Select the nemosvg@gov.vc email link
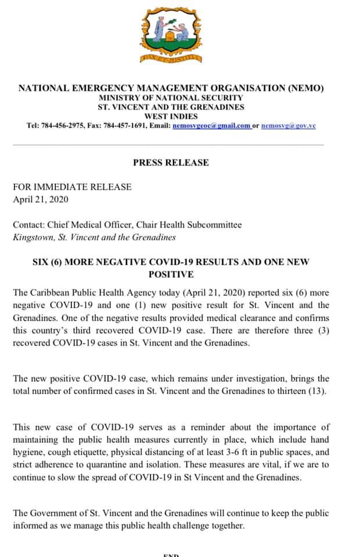click(x=289, y=125)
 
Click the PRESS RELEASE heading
click(x=171, y=162)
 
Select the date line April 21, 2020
click(x=41, y=199)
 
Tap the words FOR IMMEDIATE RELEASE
click(x=73, y=187)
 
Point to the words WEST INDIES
click(x=171, y=116)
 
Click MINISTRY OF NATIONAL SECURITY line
click(x=171, y=98)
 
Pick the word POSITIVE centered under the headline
click(x=171, y=274)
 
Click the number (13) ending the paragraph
click(x=315, y=390)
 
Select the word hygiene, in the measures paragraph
click(x=29, y=452)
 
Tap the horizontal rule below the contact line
click(x=168, y=144)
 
